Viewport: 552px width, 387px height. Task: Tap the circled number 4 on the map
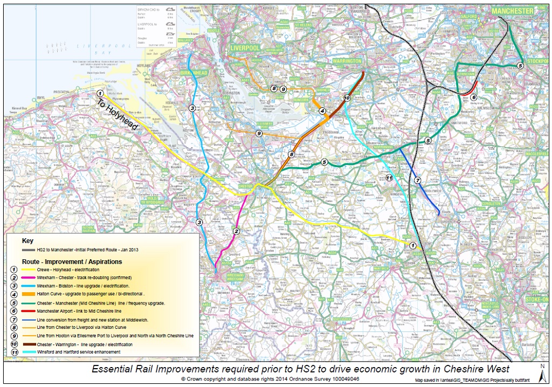322,111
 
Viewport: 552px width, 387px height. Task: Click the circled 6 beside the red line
473,98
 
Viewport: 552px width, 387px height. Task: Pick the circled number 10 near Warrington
346,98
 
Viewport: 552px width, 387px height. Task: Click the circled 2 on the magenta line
236,231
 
